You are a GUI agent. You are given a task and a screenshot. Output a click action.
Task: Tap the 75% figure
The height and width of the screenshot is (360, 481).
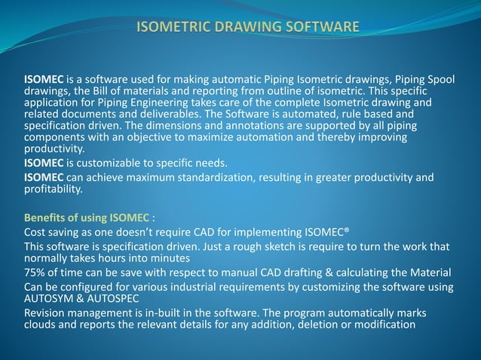pos(35,272)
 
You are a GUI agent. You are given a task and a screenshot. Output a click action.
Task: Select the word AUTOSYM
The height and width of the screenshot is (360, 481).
pos(50,297)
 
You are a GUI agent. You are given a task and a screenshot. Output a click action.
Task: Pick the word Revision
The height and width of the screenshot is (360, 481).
pos(45,313)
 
